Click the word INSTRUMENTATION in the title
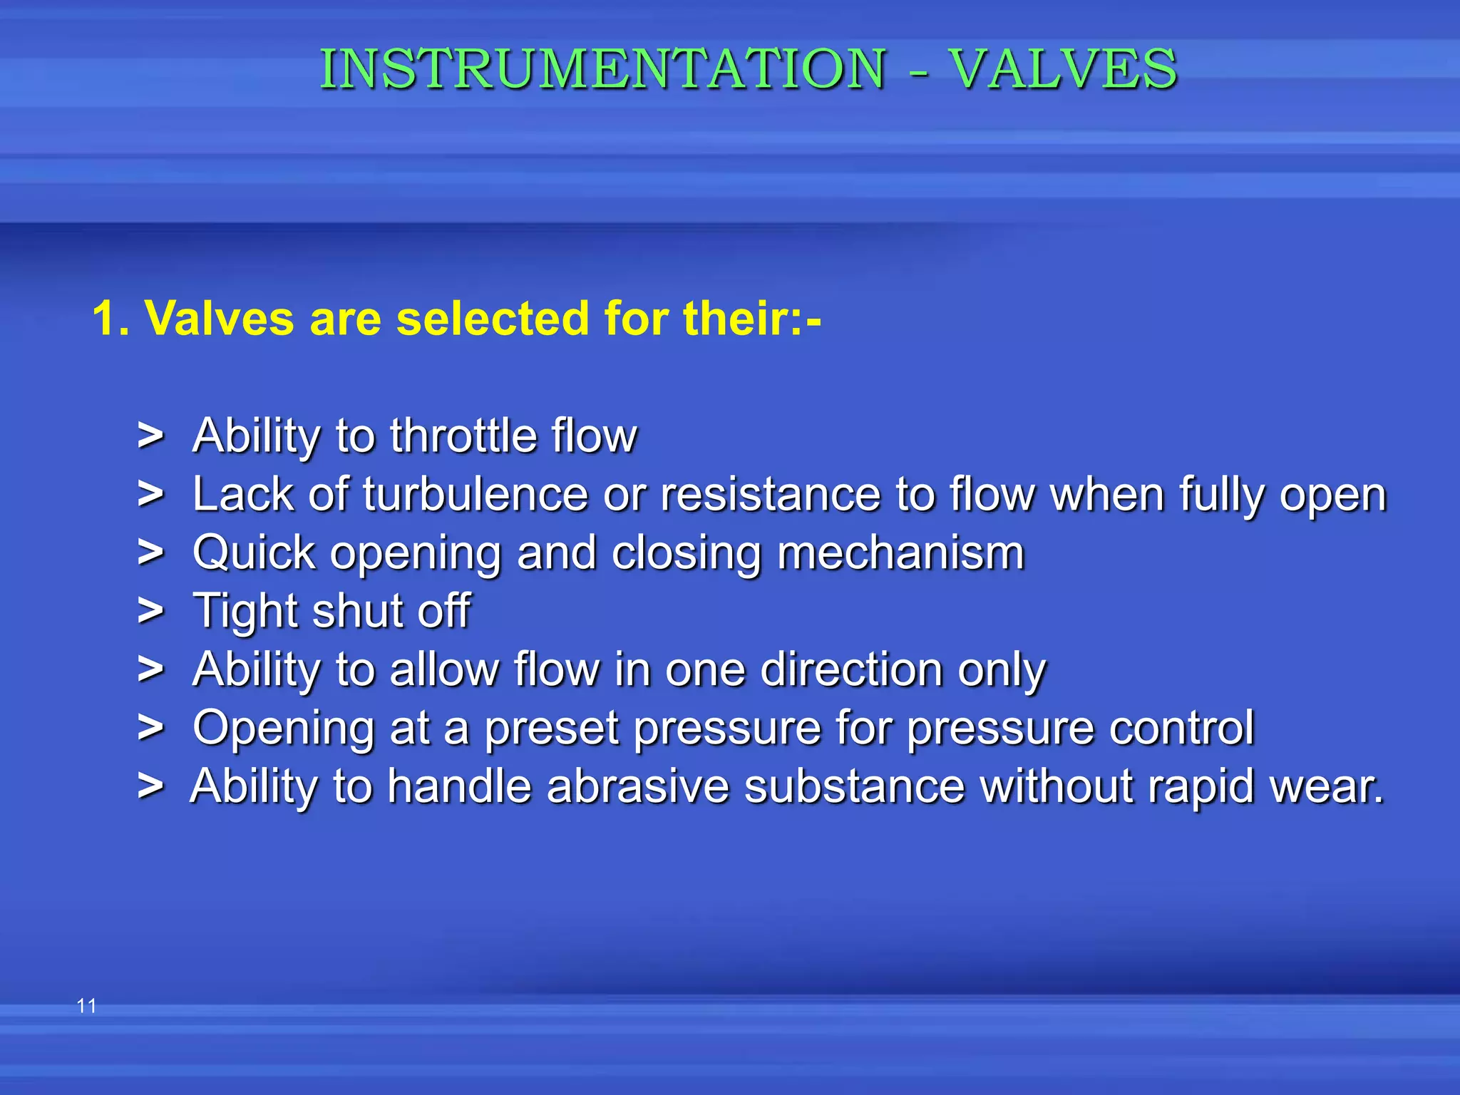point(603,69)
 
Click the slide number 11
point(86,1006)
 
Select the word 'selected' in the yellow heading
point(493,318)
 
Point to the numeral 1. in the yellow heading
point(110,318)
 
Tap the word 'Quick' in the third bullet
point(254,552)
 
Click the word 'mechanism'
point(900,552)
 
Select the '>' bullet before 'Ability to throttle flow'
point(150,436)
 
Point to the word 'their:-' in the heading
point(752,318)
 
